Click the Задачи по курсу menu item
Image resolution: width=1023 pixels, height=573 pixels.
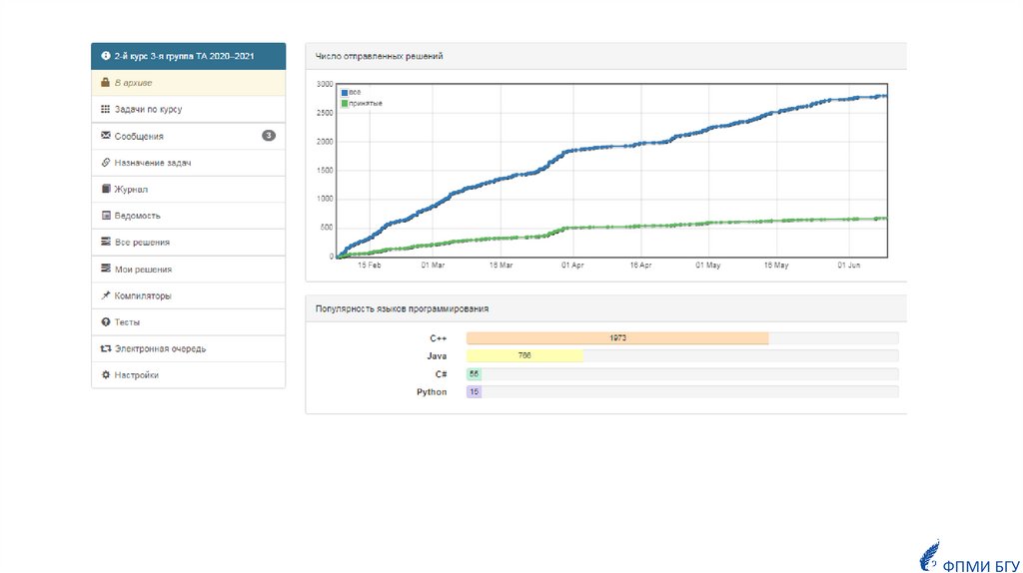pyautogui.click(x=147, y=109)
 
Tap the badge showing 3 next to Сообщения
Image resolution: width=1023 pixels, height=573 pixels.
pyautogui.click(x=269, y=135)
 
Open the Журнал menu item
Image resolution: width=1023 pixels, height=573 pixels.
pyautogui.click(x=131, y=189)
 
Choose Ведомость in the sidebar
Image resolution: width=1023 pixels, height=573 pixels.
pyautogui.click(x=137, y=216)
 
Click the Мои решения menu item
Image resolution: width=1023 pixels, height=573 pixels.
pyautogui.click(x=143, y=269)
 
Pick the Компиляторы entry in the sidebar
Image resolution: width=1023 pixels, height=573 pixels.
pyautogui.click(x=142, y=295)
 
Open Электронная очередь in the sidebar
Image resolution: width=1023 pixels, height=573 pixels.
pyautogui.click(x=160, y=349)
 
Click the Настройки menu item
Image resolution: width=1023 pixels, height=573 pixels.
pyautogui.click(x=136, y=375)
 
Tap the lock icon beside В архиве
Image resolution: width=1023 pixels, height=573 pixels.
pyautogui.click(x=106, y=83)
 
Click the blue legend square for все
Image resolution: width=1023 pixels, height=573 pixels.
pyautogui.click(x=345, y=93)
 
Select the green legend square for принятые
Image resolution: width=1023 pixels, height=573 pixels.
pyautogui.click(x=345, y=103)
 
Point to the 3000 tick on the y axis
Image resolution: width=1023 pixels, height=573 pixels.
pyautogui.click(x=324, y=84)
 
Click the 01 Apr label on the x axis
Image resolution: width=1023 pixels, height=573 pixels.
pyautogui.click(x=572, y=266)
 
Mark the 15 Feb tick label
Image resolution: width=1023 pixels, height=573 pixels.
pyautogui.click(x=369, y=266)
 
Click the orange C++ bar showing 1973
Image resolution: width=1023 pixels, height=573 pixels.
pyautogui.click(x=617, y=338)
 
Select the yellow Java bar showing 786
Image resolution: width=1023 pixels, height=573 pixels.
pyautogui.click(x=524, y=356)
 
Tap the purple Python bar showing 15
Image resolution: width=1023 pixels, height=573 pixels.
pyautogui.click(x=474, y=392)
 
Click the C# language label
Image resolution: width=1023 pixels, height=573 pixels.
pyautogui.click(x=439, y=374)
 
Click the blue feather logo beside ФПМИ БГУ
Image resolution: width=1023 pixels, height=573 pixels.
pyautogui.click(x=929, y=554)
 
